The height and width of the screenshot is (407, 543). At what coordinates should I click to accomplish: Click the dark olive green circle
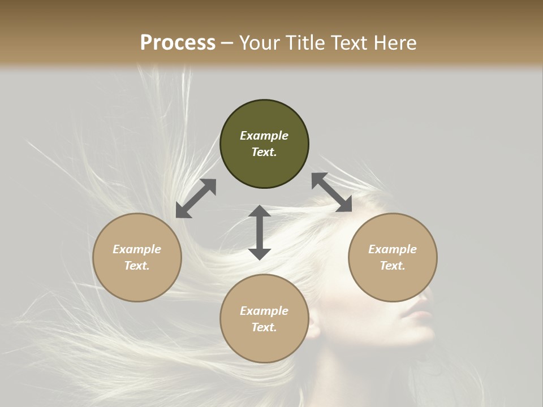[264, 144]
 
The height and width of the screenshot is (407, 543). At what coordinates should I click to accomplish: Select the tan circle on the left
[137, 257]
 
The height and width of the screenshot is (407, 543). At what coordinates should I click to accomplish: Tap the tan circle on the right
[393, 257]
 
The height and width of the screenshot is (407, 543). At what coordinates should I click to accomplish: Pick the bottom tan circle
[264, 319]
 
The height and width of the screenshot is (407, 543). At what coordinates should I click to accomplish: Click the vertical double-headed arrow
[260, 232]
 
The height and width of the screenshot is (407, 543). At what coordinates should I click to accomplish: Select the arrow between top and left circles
[196, 198]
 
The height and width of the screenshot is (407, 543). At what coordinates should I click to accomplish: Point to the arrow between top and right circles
[332, 192]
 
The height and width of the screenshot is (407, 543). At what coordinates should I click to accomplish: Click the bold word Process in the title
[178, 42]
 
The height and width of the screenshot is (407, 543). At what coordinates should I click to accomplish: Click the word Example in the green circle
[264, 136]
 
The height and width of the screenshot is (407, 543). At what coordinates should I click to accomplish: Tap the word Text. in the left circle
[137, 266]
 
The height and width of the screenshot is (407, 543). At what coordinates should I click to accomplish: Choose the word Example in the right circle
[393, 249]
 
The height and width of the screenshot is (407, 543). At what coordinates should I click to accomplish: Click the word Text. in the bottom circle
[264, 327]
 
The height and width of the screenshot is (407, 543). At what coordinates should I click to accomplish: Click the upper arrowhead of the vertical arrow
[260, 211]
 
